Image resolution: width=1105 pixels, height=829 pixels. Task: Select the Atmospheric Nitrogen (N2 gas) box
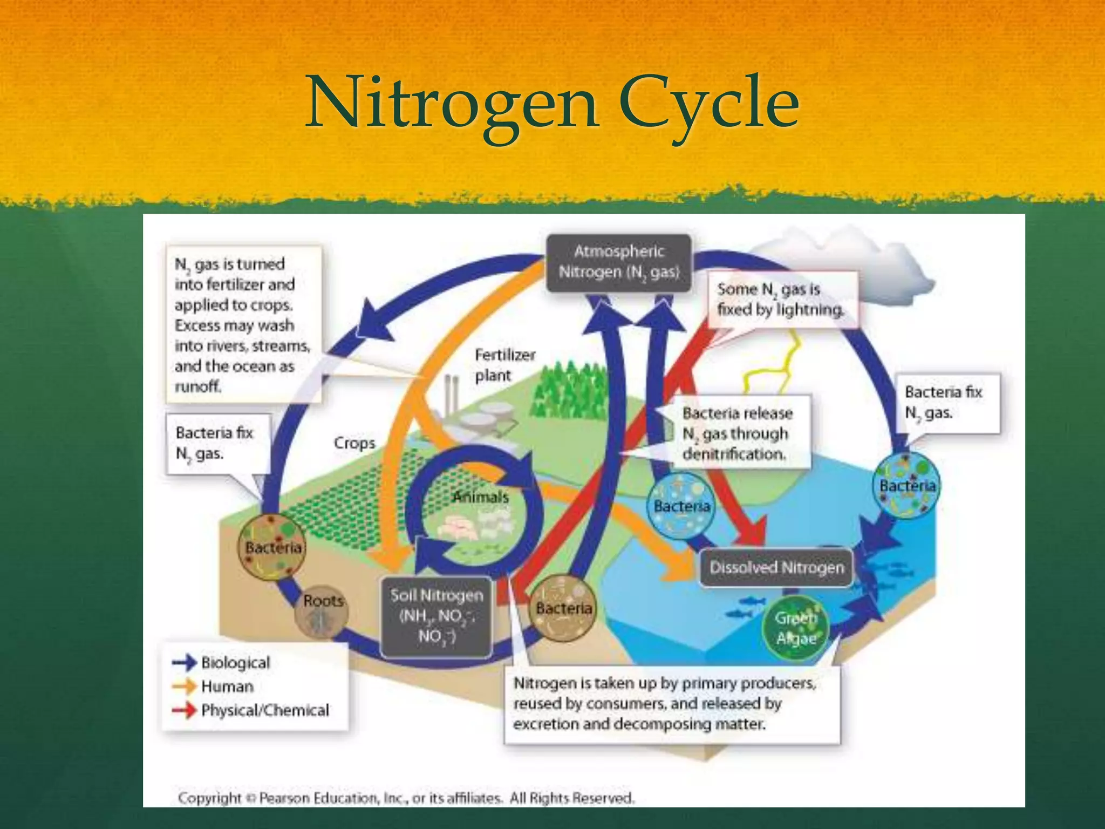[x=619, y=263]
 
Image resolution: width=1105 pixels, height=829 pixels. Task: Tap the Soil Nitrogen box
[x=436, y=616]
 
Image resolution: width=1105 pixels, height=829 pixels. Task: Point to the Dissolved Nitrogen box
[x=776, y=567]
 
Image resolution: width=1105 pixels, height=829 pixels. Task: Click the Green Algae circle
[x=796, y=628]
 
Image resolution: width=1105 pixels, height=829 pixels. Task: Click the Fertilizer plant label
[x=504, y=365]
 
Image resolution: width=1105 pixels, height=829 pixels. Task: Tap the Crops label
[x=354, y=443]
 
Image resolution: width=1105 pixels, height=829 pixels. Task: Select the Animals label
[x=480, y=497]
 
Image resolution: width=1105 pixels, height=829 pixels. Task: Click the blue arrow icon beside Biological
[x=185, y=662]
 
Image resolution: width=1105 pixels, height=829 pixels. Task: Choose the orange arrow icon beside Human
[x=185, y=686]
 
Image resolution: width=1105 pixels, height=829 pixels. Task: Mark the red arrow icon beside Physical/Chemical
[x=185, y=710]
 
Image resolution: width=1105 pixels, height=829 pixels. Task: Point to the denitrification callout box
[x=738, y=433]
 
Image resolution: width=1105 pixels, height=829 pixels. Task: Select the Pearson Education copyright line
[x=406, y=798]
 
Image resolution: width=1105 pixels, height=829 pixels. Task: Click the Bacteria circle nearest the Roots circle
[x=272, y=546]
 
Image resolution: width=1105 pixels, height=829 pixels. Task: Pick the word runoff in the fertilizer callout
[x=197, y=386]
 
